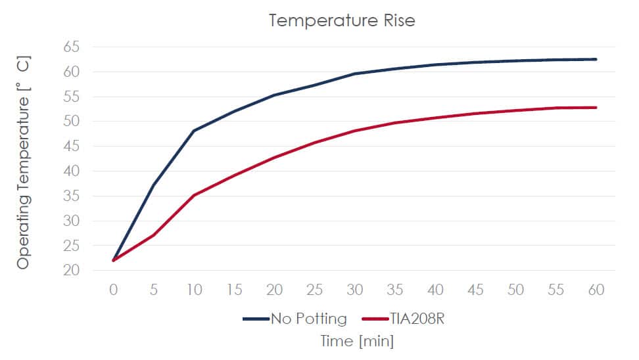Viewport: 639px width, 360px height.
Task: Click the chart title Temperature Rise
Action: click(x=342, y=20)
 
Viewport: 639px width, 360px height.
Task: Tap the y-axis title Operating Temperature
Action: click(x=23, y=163)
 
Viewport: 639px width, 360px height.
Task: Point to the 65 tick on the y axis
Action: click(x=72, y=47)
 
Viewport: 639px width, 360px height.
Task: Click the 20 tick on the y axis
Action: click(x=72, y=270)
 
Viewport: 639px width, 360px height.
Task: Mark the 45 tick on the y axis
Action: click(x=72, y=146)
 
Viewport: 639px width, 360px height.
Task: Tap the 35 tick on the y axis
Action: click(x=72, y=196)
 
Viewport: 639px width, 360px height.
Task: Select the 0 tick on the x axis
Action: click(x=114, y=290)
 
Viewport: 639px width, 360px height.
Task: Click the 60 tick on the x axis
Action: click(x=596, y=290)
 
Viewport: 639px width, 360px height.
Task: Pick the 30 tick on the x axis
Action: click(x=355, y=290)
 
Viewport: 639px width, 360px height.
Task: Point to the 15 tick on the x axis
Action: click(x=234, y=290)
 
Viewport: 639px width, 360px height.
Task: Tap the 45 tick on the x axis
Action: click(x=475, y=290)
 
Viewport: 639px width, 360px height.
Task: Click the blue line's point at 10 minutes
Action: click(x=194, y=131)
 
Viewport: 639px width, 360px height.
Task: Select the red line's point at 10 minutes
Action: click(x=194, y=195)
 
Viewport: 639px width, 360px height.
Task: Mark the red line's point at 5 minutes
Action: click(x=154, y=235)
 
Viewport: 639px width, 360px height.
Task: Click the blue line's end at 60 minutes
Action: click(x=596, y=59)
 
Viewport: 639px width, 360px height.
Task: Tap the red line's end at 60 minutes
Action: click(x=596, y=108)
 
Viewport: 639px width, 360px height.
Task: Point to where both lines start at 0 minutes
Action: click(x=114, y=260)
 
